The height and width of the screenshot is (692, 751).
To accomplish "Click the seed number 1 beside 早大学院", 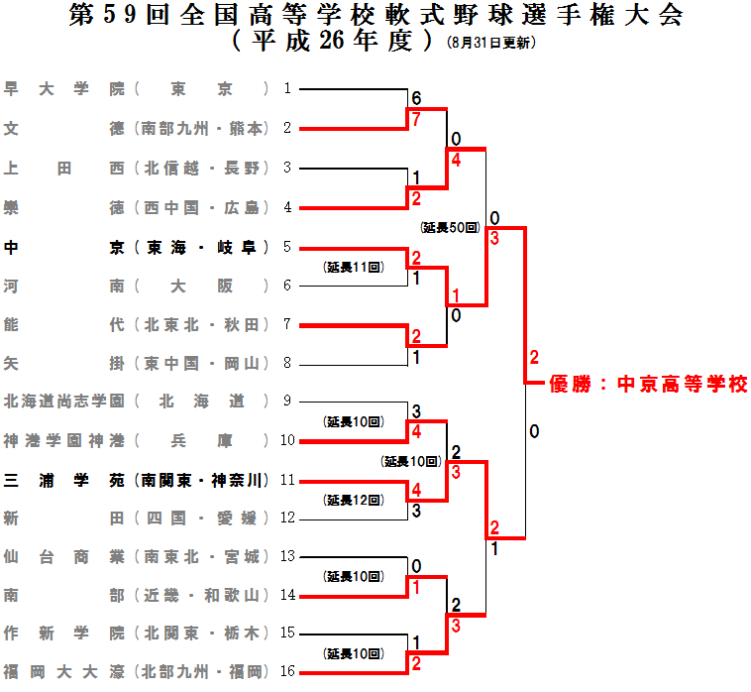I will pyautogui.click(x=287, y=88).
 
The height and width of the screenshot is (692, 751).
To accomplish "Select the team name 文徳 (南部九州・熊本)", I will pyautogui.click(x=136, y=128).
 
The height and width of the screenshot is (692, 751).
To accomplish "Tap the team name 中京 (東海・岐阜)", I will pyautogui.click(x=136, y=247).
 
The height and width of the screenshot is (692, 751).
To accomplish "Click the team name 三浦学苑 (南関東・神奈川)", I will pyautogui.click(x=136, y=480).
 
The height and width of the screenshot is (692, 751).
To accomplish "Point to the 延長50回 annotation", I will pyautogui.click(x=450, y=227).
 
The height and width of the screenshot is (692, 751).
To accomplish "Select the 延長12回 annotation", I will pyautogui.click(x=354, y=499).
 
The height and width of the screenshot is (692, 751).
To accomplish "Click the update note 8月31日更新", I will pyautogui.click(x=491, y=43).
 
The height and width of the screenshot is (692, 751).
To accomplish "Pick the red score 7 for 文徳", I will pyautogui.click(x=417, y=119).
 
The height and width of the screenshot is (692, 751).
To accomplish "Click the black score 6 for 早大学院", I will pyautogui.click(x=417, y=99).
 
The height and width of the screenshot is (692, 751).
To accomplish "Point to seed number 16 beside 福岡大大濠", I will pyautogui.click(x=287, y=671).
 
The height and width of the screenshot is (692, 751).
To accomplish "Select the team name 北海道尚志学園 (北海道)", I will pyautogui.click(x=136, y=402).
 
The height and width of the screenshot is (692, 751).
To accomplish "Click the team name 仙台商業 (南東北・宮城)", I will pyautogui.click(x=136, y=556).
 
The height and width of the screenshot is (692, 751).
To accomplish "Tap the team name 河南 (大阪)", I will pyautogui.click(x=136, y=286).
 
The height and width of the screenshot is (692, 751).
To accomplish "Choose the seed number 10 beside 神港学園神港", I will pyautogui.click(x=287, y=440).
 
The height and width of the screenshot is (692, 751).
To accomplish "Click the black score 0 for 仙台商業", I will pyautogui.click(x=417, y=566).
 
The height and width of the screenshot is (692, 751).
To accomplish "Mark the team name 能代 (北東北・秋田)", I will pyautogui.click(x=136, y=324).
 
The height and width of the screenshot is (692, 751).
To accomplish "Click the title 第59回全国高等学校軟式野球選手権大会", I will pyautogui.click(x=376, y=17).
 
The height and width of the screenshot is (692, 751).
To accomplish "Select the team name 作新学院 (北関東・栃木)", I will pyautogui.click(x=136, y=633).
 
